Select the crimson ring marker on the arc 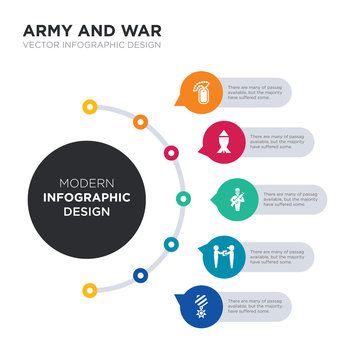(x=171, y=153)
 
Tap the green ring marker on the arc (x=183, y=198)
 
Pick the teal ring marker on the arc (x=171, y=243)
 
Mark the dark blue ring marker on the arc (x=139, y=275)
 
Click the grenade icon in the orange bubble (x=202, y=92)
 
